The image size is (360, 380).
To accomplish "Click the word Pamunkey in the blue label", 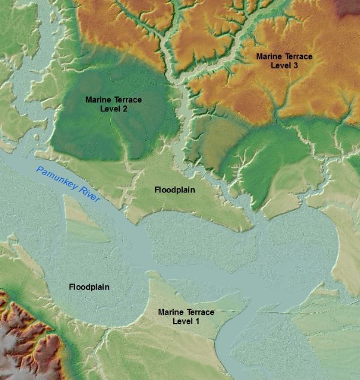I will coord(58,180).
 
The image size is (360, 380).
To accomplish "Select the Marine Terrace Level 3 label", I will coord(284,61).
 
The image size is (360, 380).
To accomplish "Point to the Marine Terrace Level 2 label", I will coord(114,104).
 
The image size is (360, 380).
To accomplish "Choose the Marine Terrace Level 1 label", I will coord(186,316).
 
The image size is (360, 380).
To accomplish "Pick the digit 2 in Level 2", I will coord(125,109).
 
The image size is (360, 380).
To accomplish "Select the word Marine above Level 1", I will coord(170,312).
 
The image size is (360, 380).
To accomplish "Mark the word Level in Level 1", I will coord(183,321).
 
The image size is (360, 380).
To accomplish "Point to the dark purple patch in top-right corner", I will coord(350,7).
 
